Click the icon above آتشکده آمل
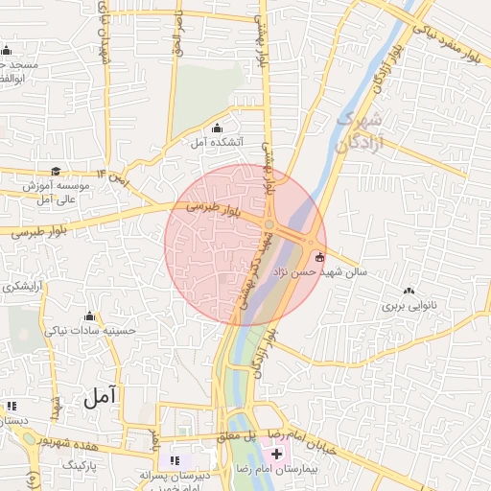216,129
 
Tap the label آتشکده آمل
216,143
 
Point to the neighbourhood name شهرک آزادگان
362,132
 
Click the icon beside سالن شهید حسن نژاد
319,257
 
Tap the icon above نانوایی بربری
410,292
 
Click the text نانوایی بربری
409,306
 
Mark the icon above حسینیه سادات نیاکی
90,316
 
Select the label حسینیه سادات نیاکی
91,331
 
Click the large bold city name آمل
100,395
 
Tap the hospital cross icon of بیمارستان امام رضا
276,453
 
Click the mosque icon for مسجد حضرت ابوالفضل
7,51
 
